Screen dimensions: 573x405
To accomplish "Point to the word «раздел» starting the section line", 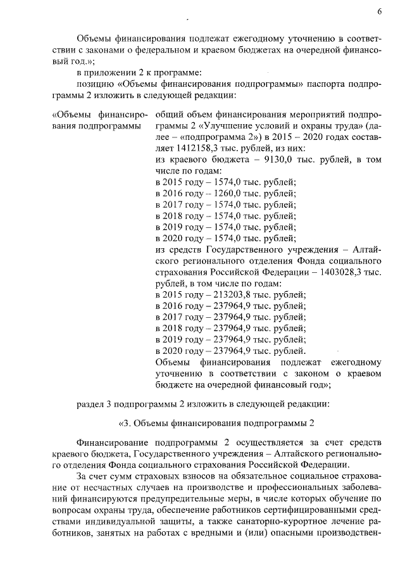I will (x=90, y=403).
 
